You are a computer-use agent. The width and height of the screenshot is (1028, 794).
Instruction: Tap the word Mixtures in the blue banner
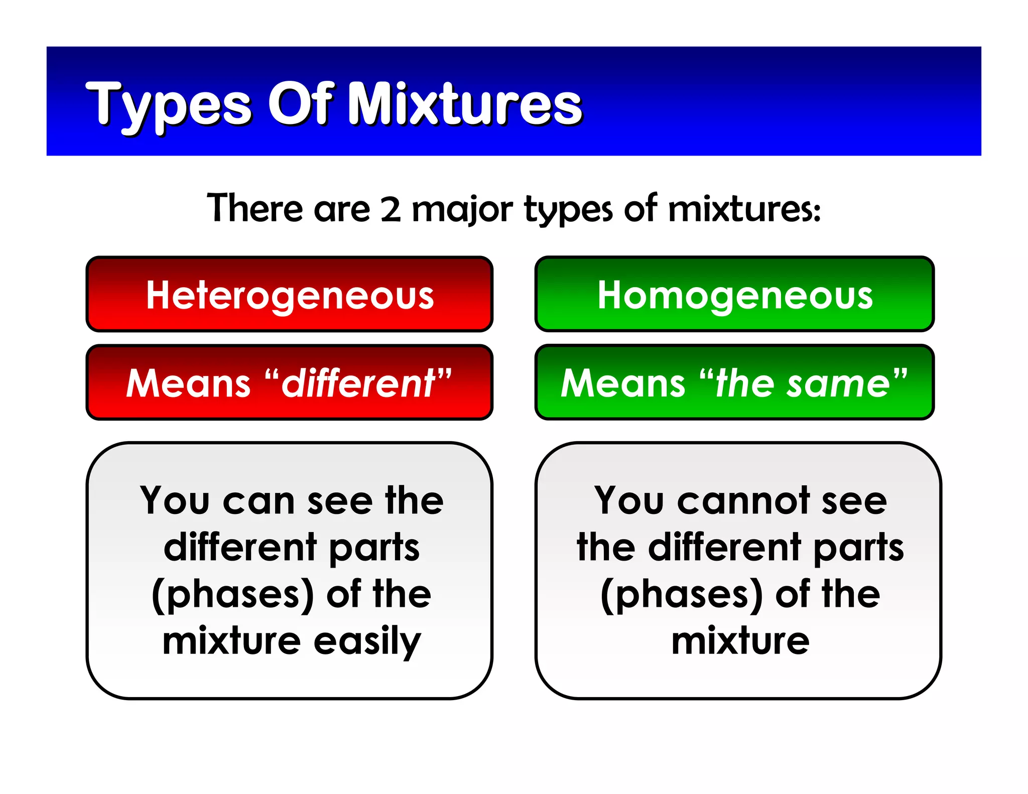(464, 104)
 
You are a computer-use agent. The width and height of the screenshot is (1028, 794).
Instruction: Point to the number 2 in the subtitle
(391, 209)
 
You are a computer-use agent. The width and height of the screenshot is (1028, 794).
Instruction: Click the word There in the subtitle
(254, 208)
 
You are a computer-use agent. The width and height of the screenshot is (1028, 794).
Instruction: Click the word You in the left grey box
(174, 501)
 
